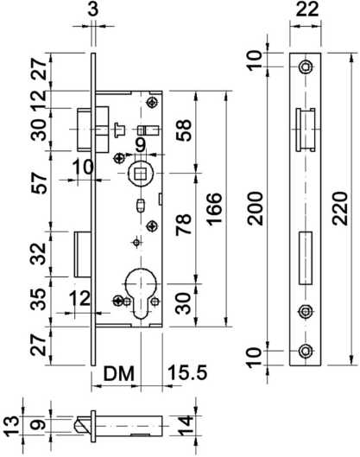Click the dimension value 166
216,207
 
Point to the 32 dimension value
37,254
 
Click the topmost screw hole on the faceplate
305,68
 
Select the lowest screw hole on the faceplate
305,350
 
